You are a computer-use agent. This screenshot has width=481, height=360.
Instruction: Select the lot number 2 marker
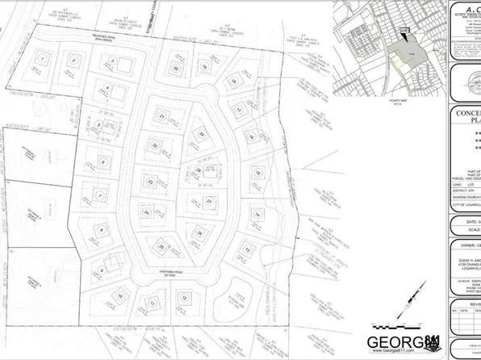pos(73,60)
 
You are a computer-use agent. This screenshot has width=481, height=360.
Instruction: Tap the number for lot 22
pos(155,145)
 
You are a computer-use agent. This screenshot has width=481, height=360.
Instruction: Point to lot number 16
pos(257,173)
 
